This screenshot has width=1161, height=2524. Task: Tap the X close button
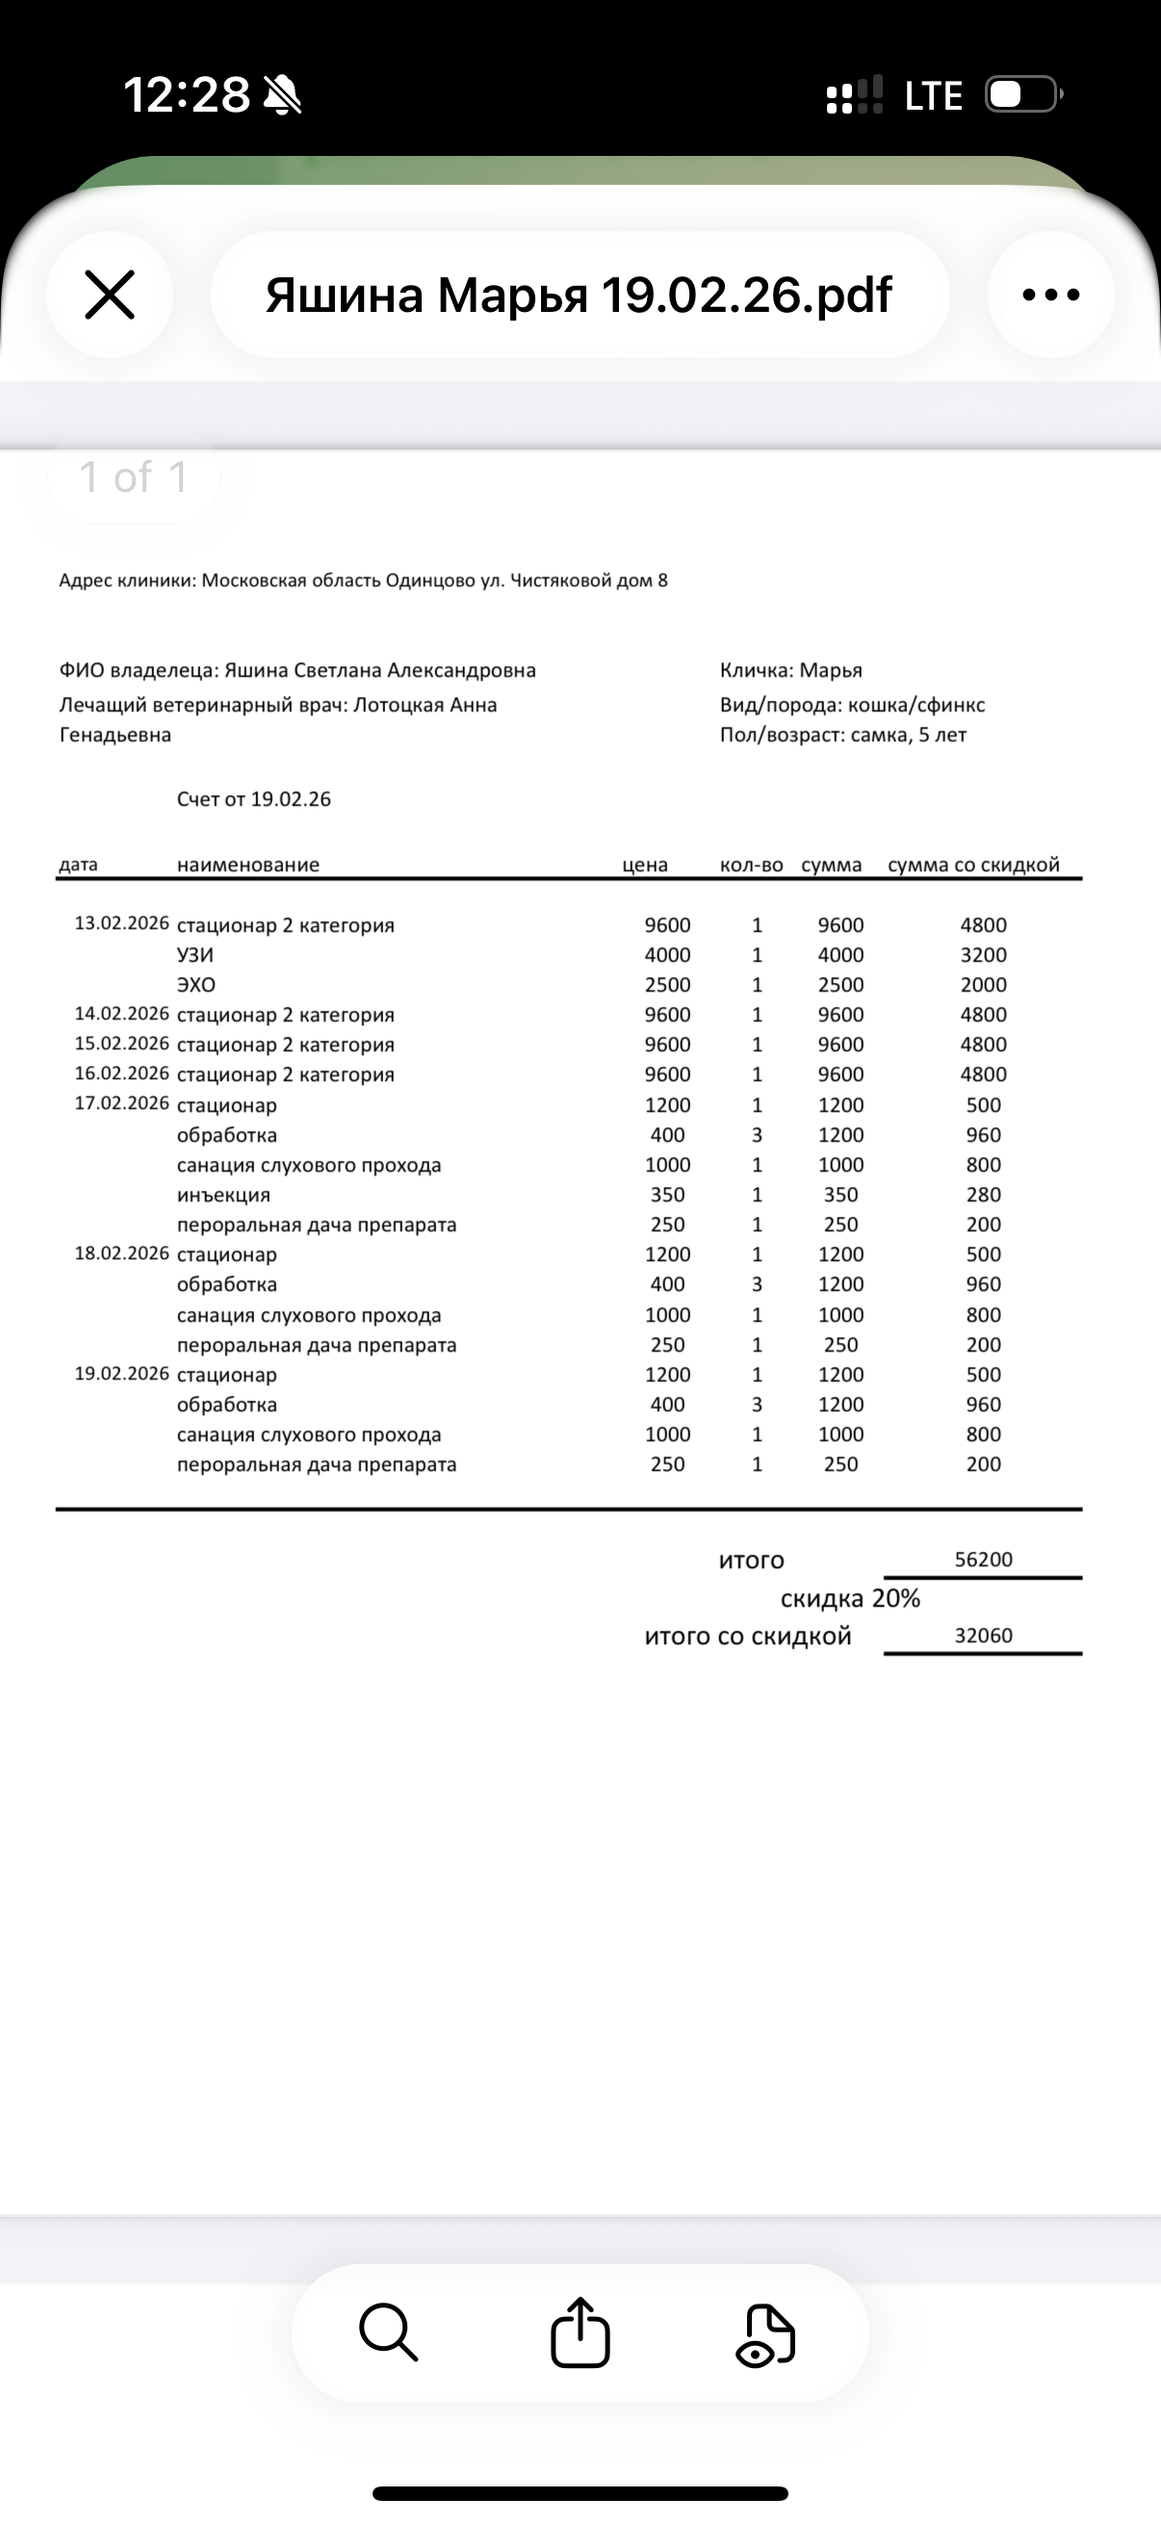pyautogui.click(x=110, y=295)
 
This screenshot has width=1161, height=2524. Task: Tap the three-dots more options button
pyautogui.click(x=1050, y=295)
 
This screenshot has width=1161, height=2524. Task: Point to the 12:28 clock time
pyautogui.click(x=186, y=95)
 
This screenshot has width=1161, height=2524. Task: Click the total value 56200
pyautogui.click(x=984, y=1559)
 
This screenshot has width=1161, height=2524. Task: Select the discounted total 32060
pyautogui.click(x=984, y=1635)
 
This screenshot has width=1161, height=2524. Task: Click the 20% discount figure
pyautogui.click(x=895, y=1598)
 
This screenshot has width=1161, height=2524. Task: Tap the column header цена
pyautogui.click(x=645, y=865)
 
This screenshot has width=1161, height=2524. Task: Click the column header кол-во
pyautogui.click(x=752, y=865)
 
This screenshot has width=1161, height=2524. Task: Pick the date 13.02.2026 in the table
pyautogui.click(x=121, y=924)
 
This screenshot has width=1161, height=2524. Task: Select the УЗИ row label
pyautogui.click(x=195, y=955)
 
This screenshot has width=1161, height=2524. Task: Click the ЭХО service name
pyautogui.click(x=196, y=985)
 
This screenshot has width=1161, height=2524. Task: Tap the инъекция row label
pyautogui.click(x=223, y=1196)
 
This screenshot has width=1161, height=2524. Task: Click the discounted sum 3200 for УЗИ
pyautogui.click(x=984, y=955)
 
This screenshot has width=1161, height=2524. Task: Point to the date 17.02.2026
pyautogui.click(x=121, y=1103)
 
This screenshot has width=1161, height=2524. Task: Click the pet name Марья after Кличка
pyautogui.click(x=831, y=670)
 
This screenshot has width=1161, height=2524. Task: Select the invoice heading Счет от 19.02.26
pyautogui.click(x=254, y=800)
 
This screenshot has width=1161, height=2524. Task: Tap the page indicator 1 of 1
pyautogui.click(x=133, y=477)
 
